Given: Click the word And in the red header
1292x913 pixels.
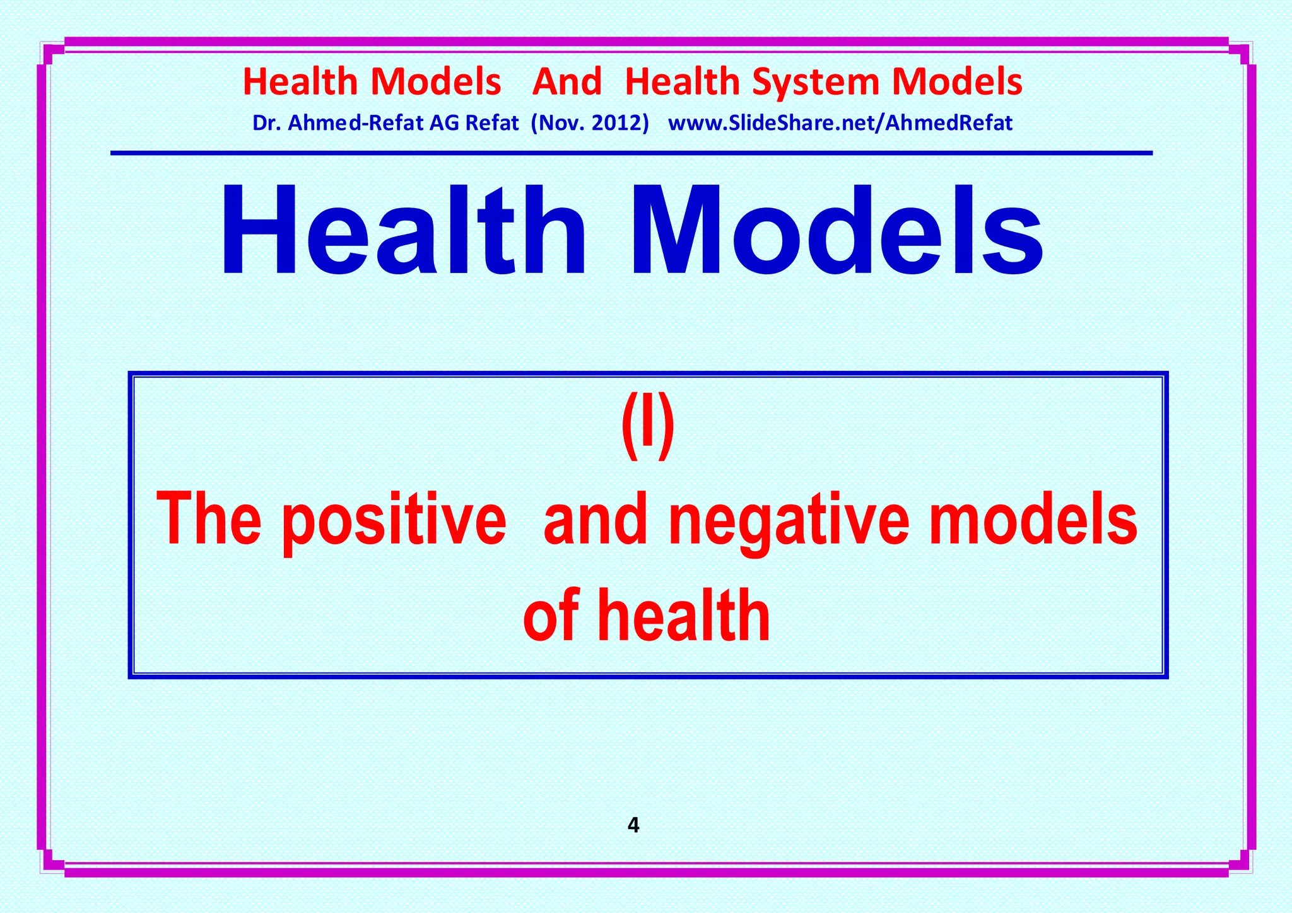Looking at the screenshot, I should pos(567,83).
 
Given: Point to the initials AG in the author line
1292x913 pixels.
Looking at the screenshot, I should pos(444,123).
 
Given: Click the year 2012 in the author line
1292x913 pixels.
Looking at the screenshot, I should pos(621,123).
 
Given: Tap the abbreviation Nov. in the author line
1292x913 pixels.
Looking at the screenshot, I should pos(559,123).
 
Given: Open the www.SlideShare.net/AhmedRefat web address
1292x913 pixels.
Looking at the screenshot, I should pos(840,123).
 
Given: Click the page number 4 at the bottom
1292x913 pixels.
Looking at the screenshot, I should pos(634,825).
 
